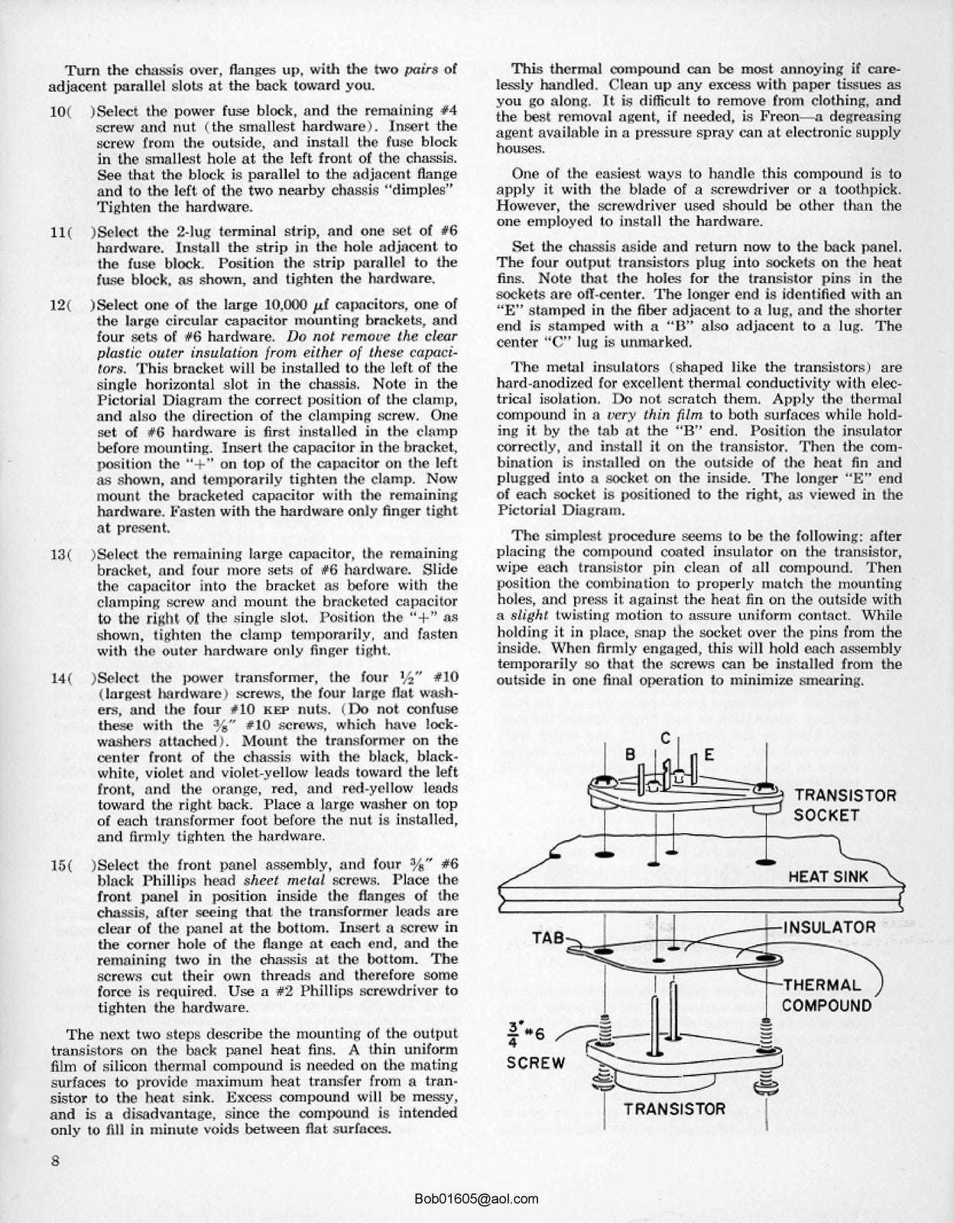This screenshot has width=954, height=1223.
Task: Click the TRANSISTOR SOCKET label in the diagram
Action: tap(845, 805)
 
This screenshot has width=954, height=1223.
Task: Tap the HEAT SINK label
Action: tap(829, 876)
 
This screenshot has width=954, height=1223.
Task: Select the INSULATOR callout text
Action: tap(829, 927)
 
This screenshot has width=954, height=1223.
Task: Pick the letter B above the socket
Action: tap(631, 753)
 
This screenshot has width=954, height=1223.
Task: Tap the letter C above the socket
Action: tap(666, 738)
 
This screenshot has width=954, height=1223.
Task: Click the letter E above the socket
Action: tap(708, 754)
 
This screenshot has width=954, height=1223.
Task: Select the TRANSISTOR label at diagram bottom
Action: tap(674, 1109)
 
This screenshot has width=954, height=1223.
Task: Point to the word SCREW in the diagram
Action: tap(536, 1062)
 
